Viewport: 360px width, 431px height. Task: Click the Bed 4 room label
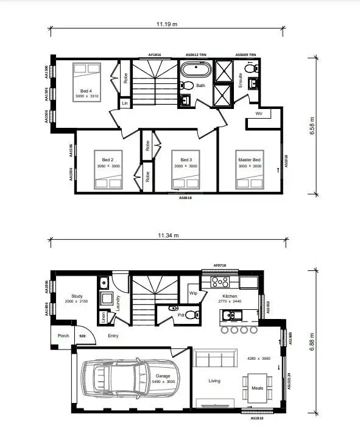coord(85,91)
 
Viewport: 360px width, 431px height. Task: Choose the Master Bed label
coord(249,160)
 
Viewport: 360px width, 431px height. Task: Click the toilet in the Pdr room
coord(191,315)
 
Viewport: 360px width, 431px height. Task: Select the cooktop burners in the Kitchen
coord(219,282)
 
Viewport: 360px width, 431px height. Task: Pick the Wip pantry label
coord(194,293)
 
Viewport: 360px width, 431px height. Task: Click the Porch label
coord(63,335)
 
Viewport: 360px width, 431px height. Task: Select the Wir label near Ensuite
coord(259,114)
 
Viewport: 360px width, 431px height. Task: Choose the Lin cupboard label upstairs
coord(125,103)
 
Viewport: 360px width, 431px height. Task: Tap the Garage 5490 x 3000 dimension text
coord(162,382)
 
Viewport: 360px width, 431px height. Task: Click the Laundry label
coord(118,303)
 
